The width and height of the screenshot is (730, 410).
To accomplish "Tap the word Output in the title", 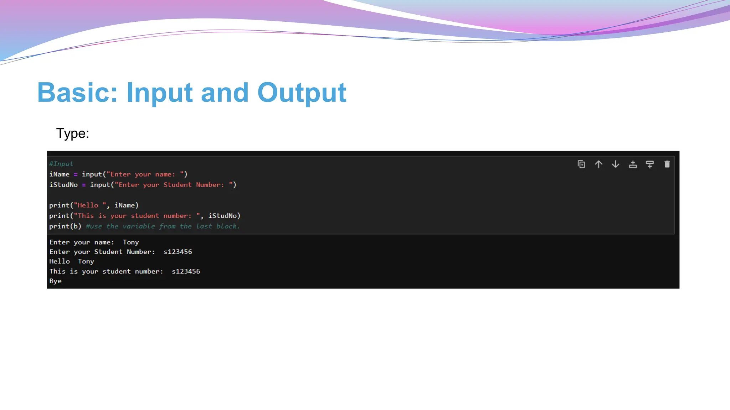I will (x=302, y=93).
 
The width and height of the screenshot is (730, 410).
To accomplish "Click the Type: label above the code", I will (x=72, y=133).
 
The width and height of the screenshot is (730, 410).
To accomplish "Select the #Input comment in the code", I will (x=61, y=164).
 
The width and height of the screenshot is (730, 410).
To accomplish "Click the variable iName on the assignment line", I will (x=59, y=174).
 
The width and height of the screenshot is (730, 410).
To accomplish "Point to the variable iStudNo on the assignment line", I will (x=63, y=185).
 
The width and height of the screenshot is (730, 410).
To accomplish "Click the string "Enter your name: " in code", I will (x=147, y=174).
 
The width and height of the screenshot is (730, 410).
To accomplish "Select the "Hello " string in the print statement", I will (x=90, y=205).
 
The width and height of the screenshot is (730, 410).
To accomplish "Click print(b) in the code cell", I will (x=65, y=226).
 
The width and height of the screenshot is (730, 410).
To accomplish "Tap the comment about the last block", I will (x=163, y=226).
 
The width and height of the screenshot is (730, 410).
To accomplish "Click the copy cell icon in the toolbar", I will (x=581, y=164).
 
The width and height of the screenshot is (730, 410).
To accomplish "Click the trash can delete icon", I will (x=667, y=164).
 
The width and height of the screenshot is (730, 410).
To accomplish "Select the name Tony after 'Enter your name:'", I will (x=131, y=242).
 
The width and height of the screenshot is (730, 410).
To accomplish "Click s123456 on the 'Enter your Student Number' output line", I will (x=178, y=252).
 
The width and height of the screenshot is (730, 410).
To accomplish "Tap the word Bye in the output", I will (x=55, y=281).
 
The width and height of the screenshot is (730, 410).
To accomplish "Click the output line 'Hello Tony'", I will (x=72, y=262).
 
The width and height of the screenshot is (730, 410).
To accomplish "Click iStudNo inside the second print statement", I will (x=222, y=216).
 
